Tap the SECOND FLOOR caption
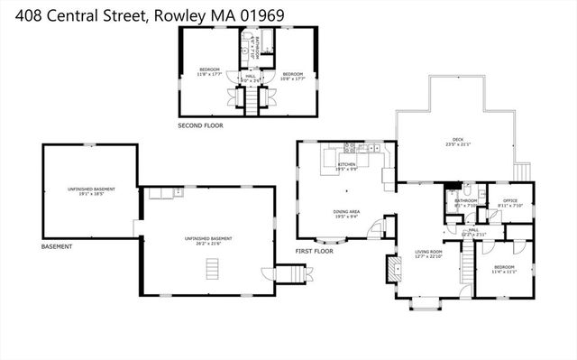pos(200,125)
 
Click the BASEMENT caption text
pos(56,246)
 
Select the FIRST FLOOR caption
pos(315,251)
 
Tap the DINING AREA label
pos(347,214)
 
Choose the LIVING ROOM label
pos(428,253)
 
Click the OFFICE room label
pos(509,203)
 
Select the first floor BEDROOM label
pos(504,269)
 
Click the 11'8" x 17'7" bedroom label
pos(210,72)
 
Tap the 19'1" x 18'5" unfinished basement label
pos(87,191)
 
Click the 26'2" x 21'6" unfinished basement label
pos(203,239)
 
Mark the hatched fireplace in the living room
pos(392,268)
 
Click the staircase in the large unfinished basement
pos(213,269)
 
